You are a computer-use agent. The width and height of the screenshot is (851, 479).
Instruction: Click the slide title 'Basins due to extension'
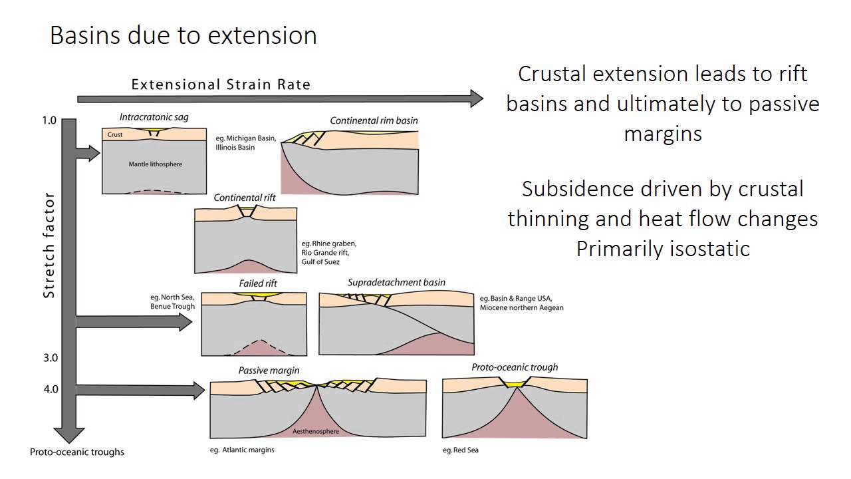[x=183, y=35]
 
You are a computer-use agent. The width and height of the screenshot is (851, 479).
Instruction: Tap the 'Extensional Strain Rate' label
[x=220, y=84]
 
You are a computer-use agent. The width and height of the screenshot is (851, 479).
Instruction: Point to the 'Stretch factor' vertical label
[x=49, y=246]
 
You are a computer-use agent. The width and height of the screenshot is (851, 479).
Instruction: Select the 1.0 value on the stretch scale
[x=49, y=121]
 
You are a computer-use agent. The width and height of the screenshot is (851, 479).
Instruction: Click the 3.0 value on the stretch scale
[x=51, y=358]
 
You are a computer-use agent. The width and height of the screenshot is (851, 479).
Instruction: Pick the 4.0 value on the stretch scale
[x=51, y=389]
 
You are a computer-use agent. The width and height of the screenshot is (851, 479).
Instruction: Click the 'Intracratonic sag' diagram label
[x=154, y=117]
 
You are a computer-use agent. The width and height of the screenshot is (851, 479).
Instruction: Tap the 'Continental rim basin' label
[x=374, y=120]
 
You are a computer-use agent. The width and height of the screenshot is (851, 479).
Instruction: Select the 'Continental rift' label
[x=245, y=198]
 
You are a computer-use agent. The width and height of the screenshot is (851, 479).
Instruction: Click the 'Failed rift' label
[x=258, y=283]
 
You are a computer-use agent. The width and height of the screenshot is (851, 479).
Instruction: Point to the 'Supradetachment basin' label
[x=396, y=282]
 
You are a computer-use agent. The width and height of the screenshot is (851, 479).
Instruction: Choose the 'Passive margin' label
[x=269, y=370]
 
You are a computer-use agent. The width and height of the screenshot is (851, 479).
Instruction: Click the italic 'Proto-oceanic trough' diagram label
[x=515, y=367]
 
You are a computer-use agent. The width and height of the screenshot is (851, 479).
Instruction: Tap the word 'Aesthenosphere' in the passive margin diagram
[x=316, y=431]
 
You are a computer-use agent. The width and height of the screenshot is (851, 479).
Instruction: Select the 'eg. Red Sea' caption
[x=460, y=450]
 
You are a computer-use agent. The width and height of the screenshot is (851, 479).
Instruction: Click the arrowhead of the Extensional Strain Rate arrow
[x=476, y=98]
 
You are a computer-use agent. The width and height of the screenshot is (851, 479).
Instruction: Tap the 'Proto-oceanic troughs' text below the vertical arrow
[x=76, y=452]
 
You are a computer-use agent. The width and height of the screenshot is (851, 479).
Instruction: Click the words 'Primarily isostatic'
[x=662, y=248]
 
